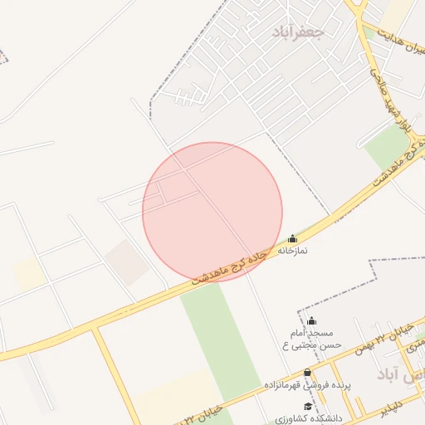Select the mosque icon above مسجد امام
coord(311,320)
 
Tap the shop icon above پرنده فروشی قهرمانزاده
coord(308,373)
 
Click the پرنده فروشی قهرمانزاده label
coord(308,385)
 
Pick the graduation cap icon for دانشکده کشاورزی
coord(308,405)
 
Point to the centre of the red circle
coord(212,212)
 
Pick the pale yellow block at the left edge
coord(29,275)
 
